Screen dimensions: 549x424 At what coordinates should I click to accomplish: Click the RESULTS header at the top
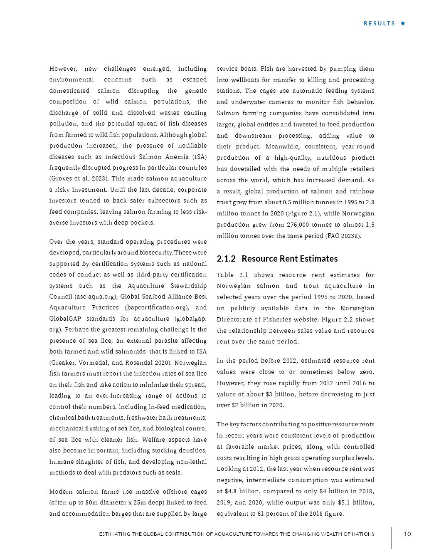coord(379,23)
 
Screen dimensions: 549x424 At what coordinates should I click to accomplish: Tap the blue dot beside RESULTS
coord(403,23)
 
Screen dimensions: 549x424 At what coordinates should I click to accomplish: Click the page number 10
coord(407,534)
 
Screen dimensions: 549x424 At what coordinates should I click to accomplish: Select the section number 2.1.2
coord(226,259)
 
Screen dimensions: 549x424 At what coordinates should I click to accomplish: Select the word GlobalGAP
coord(64,319)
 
